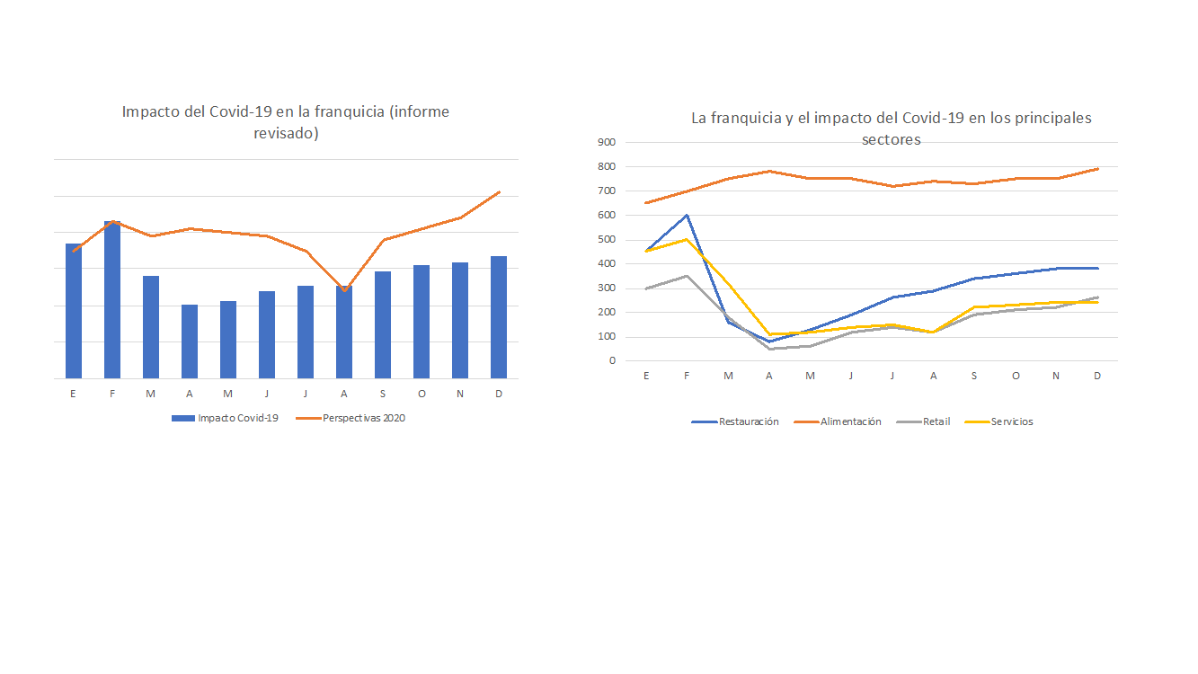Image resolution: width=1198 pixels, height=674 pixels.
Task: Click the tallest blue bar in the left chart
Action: click(x=112, y=299)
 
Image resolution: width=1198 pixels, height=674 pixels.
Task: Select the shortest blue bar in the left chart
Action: click(x=190, y=341)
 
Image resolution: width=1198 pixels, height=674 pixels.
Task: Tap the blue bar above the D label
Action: click(x=499, y=317)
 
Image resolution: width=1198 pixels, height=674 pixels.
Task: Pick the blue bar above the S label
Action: click(x=382, y=325)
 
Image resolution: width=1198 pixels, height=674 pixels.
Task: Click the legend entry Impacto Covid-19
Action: click(x=225, y=418)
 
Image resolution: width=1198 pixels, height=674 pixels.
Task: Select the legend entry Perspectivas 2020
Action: click(x=351, y=418)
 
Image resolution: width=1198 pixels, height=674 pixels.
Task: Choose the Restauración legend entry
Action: click(x=735, y=421)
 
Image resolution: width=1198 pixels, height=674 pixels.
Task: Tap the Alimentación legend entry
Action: click(x=838, y=421)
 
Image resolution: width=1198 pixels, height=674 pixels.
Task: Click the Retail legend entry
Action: click(x=923, y=421)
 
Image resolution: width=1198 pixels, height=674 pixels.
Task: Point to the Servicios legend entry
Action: click(x=999, y=421)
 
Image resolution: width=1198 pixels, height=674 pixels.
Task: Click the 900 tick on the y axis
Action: click(x=607, y=142)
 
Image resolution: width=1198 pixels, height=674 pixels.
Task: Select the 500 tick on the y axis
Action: click(x=607, y=239)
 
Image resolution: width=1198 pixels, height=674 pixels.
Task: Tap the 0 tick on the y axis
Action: click(x=612, y=360)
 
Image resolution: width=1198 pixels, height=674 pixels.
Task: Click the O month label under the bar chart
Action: click(x=422, y=395)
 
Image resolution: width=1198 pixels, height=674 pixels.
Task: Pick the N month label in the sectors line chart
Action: click(x=1056, y=376)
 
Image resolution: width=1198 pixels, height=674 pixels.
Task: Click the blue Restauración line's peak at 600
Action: click(x=687, y=215)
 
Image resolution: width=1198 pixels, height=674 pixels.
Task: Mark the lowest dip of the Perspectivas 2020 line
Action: click(x=344, y=290)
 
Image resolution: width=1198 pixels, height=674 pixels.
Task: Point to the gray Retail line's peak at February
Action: click(x=687, y=276)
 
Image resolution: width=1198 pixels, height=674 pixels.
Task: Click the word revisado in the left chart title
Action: click(x=286, y=133)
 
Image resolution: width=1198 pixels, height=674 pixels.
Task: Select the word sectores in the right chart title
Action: click(x=891, y=139)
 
